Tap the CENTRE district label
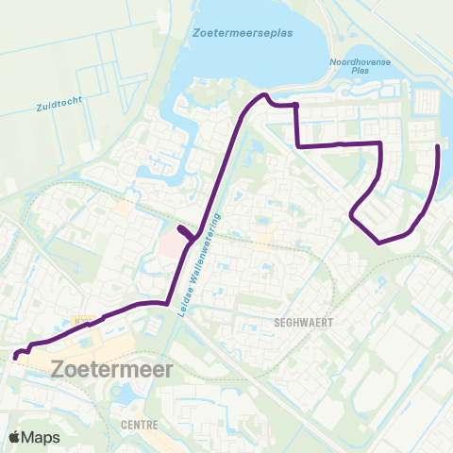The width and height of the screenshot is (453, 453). [139, 426]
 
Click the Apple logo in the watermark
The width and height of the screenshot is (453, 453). [16, 437]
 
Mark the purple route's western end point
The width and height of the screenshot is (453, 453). [16, 356]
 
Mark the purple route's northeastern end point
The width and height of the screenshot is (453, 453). [437, 146]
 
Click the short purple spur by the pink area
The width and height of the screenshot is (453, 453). [186, 232]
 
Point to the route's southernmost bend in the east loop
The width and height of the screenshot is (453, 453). [380, 243]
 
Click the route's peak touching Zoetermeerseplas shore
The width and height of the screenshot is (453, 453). [264, 95]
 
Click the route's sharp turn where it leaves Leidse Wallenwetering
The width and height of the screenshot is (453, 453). [171, 304]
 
